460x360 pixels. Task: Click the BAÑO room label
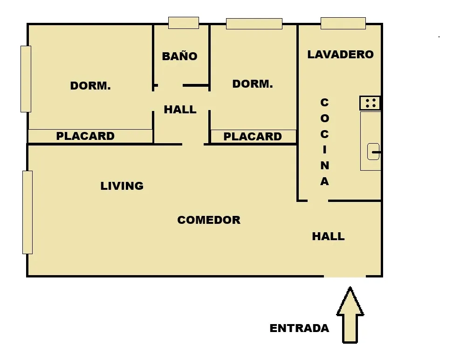(x=179, y=56)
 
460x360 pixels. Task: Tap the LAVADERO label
(x=340, y=54)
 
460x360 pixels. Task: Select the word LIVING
(x=122, y=186)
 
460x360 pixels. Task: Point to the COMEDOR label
(x=209, y=220)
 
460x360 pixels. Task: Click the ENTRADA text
(x=299, y=328)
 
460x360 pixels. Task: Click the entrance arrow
(x=350, y=315)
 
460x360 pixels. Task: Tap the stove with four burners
(x=370, y=103)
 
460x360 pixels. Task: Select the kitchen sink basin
(x=373, y=152)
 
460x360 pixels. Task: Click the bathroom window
(x=183, y=23)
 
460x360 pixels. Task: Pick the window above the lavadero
(x=343, y=23)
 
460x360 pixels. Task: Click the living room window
(x=27, y=212)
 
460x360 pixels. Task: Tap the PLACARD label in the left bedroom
(x=85, y=136)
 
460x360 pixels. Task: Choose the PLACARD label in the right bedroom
(x=253, y=137)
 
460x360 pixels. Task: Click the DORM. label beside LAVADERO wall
(x=253, y=84)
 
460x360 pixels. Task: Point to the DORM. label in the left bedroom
(x=90, y=86)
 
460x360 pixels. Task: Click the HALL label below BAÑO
(x=180, y=110)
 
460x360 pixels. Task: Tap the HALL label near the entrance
(x=328, y=236)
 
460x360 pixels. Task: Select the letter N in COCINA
(x=324, y=166)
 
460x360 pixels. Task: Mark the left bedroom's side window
(x=26, y=79)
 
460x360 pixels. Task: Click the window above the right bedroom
(x=254, y=23)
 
